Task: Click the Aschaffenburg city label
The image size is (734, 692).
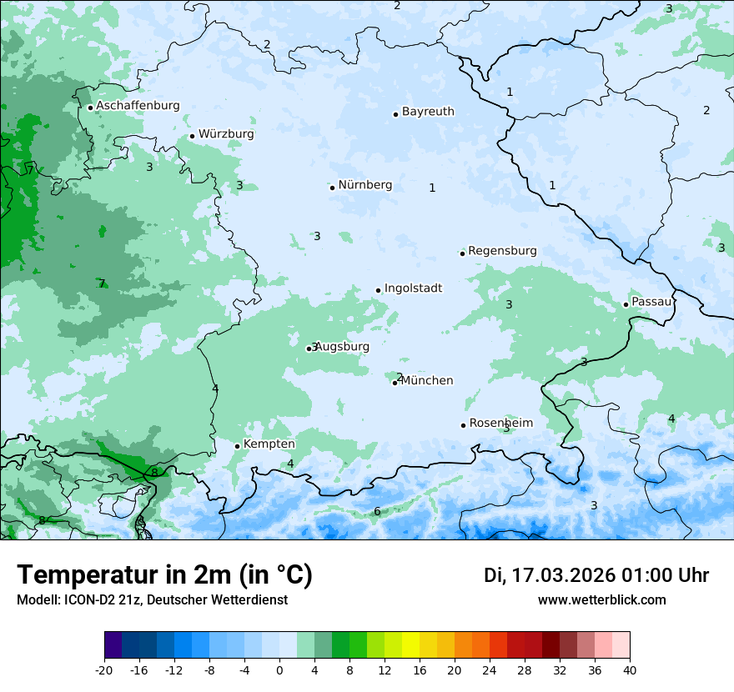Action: pyautogui.click(x=138, y=106)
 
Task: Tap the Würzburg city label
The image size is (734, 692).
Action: pyautogui.click(x=226, y=134)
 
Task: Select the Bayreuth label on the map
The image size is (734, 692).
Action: pyautogui.click(x=428, y=112)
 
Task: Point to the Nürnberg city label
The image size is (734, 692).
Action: pyautogui.click(x=364, y=185)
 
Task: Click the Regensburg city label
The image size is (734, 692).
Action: pyautogui.click(x=502, y=251)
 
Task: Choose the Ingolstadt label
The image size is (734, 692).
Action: pyautogui.click(x=413, y=288)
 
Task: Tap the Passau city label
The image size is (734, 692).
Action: pyautogui.click(x=651, y=302)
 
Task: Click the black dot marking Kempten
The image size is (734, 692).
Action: pyautogui.click(x=237, y=446)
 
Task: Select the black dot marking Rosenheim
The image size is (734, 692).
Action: pyautogui.click(x=463, y=425)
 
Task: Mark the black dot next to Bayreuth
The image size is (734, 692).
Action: pyautogui.click(x=395, y=114)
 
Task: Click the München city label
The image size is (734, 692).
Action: pyautogui.click(x=427, y=381)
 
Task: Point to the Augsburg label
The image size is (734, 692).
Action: pyautogui.click(x=342, y=347)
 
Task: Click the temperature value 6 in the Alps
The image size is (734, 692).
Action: pyautogui.click(x=377, y=511)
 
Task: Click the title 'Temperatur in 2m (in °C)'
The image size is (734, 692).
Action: pyautogui.click(x=164, y=575)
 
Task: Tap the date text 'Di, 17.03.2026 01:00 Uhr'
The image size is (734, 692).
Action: pyautogui.click(x=596, y=575)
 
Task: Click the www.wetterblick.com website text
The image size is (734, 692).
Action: pyautogui.click(x=601, y=599)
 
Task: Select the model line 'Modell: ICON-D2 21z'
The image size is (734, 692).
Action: pyautogui.click(x=152, y=599)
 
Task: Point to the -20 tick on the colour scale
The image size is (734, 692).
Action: pyautogui.click(x=104, y=669)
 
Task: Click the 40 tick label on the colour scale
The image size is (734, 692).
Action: pyautogui.click(x=629, y=669)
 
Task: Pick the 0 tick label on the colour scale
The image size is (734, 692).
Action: pyautogui.click(x=279, y=669)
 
